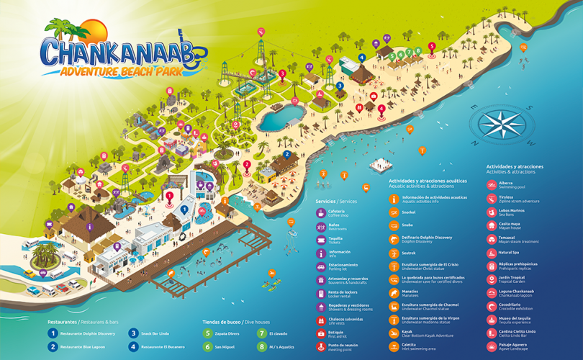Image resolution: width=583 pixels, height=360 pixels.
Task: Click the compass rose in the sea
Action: point(501,124)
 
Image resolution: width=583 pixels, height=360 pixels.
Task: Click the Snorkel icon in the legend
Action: point(394,212)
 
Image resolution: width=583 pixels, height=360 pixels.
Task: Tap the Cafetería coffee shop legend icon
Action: point(321,212)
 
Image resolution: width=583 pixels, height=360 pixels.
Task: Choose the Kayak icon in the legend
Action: point(394,333)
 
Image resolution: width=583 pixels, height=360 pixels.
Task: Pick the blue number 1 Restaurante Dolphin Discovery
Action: point(53,333)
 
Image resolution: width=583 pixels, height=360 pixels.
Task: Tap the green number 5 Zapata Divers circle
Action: point(208,333)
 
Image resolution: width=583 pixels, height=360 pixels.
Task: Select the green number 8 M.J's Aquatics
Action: point(263,346)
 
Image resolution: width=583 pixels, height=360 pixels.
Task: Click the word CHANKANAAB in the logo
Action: point(119,53)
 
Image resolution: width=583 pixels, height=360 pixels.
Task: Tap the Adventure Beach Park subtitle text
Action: point(122,71)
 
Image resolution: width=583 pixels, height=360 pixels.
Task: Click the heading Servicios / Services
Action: point(338,202)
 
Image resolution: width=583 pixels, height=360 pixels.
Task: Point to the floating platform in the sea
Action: point(381,166)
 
